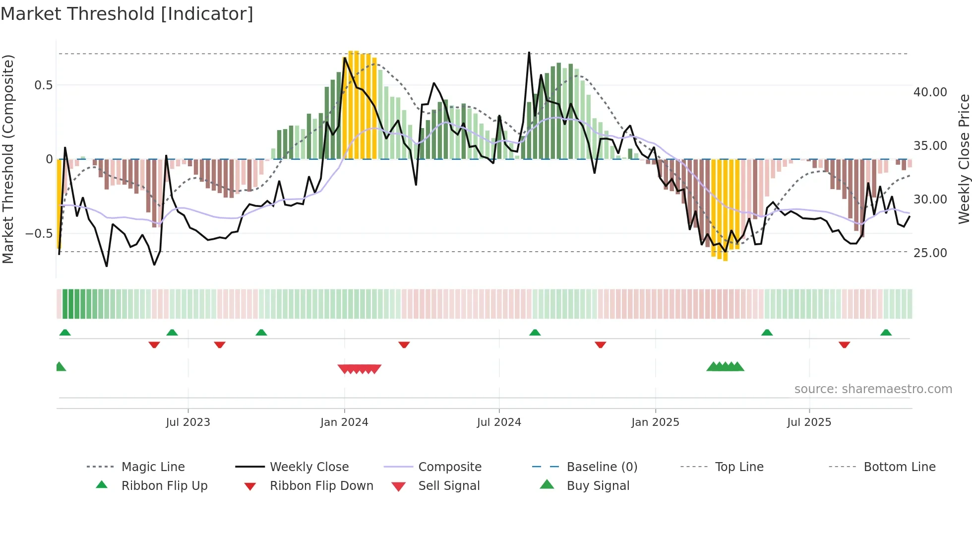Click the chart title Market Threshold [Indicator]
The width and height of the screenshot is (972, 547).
tap(127, 14)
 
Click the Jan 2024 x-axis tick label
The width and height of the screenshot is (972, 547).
tap(344, 422)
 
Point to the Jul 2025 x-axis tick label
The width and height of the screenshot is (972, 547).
tap(809, 422)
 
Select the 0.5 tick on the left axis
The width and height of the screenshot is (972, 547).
tap(43, 85)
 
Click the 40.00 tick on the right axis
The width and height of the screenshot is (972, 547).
tap(930, 92)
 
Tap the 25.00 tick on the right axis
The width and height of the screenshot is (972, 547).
tap(930, 253)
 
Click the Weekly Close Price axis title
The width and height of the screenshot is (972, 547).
tap(964, 159)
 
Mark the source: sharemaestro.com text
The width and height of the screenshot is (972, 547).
tap(873, 389)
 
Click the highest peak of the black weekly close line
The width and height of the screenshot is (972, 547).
tap(529, 53)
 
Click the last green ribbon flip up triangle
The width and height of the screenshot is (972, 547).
tap(886, 333)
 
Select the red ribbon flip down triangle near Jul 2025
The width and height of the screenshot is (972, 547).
tap(844, 344)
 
